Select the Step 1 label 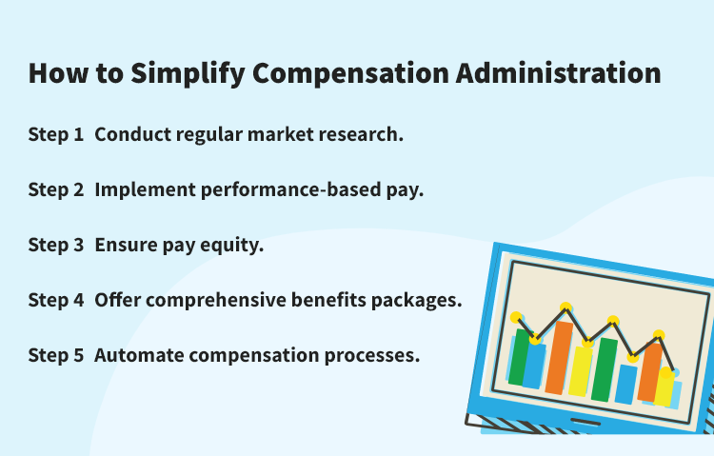click(x=56, y=134)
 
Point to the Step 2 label click(x=56, y=189)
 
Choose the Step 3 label click(x=56, y=245)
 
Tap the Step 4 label click(x=56, y=300)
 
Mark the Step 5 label click(x=56, y=355)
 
